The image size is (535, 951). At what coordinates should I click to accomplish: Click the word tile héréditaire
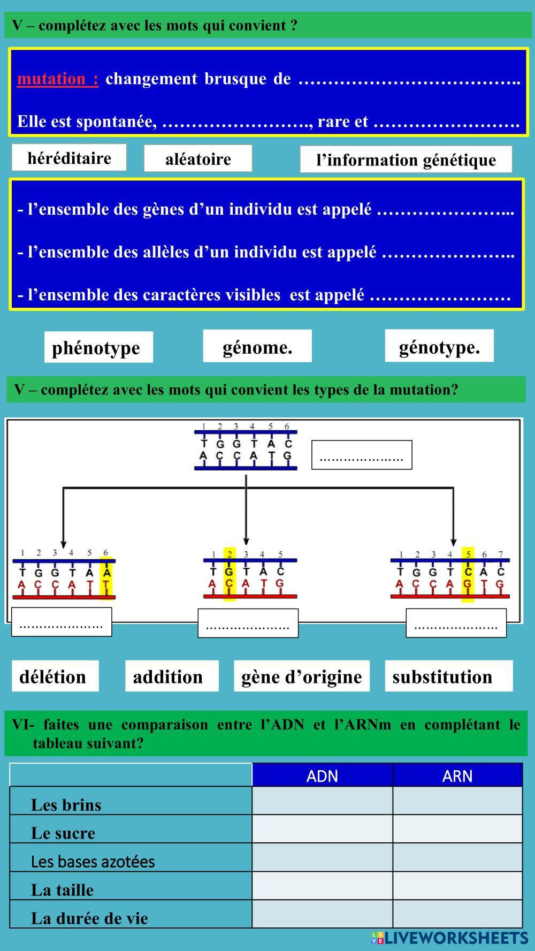click(x=69, y=158)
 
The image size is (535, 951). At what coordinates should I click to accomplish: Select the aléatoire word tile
click(x=198, y=158)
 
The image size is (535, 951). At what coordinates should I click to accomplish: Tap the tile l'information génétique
click(x=406, y=159)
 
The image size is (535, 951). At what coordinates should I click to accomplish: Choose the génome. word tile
click(x=257, y=347)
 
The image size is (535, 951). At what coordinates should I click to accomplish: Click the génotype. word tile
click(x=439, y=347)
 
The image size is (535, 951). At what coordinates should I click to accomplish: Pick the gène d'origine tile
click(x=302, y=676)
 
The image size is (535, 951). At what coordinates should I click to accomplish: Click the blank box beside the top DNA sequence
click(x=362, y=455)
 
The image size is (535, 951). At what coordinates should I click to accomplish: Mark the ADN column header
click(x=322, y=775)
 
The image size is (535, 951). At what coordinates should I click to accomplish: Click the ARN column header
click(x=457, y=775)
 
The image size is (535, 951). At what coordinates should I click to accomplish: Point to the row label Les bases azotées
click(x=93, y=862)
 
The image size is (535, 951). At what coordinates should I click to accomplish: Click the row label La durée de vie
click(x=89, y=918)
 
